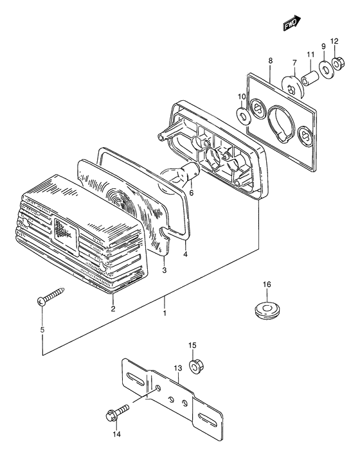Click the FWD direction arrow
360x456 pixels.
[292, 23]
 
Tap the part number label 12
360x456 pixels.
[334, 41]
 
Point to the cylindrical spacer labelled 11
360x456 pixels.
[310, 78]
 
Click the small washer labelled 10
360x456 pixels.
[242, 115]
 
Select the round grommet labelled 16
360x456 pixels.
[267, 311]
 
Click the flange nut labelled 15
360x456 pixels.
[197, 367]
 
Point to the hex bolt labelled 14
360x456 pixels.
[118, 412]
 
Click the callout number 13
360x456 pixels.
[178, 368]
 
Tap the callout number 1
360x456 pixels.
[165, 313]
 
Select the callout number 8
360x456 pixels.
[271, 60]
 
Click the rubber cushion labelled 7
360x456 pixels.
[293, 86]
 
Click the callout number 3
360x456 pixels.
[165, 270]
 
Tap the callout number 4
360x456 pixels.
[185, 254]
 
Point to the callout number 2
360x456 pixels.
[113, 308]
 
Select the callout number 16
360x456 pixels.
[267, 284]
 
